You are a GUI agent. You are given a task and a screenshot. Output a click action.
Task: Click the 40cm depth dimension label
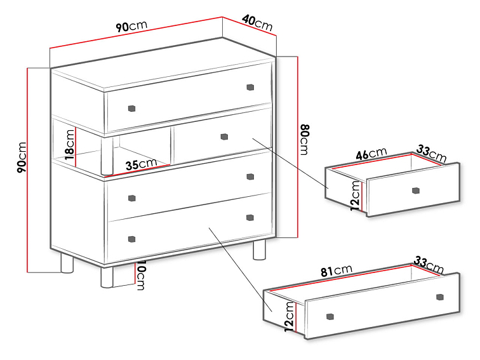[x=257, y=22]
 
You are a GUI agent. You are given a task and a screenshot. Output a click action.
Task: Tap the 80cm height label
[x=305, y=140]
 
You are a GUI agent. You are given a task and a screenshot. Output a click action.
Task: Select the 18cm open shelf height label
[x=70, y=144]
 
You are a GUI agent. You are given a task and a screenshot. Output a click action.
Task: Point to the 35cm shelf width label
[x=141, y=164]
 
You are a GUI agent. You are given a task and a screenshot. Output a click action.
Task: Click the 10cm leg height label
[x=141, y=275]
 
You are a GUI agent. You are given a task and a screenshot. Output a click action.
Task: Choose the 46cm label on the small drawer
[x=371, y=154]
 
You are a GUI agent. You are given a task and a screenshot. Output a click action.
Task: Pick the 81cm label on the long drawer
[x=336, y=270]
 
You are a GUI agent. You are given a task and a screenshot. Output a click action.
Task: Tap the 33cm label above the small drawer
[x=431, y=154]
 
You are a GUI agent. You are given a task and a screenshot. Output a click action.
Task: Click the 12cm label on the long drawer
[x=290, y=317]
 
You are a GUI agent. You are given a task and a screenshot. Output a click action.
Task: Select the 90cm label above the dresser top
[x=131, y=26]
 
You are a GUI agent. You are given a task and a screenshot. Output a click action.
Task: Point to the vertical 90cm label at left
[x=22, y=157]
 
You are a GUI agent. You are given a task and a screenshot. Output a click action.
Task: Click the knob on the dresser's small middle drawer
[x=224, y=137]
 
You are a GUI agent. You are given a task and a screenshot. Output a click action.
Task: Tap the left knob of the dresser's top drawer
[x=131, y=109]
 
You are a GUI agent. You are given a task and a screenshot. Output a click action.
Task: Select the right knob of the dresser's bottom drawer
[x=250, y=218]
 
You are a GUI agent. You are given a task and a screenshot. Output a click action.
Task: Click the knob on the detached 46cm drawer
[x=415, y=190]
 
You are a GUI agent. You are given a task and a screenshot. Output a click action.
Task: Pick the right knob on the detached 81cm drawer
[x=439, y=297]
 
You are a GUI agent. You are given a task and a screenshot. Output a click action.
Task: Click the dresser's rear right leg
[x=259, y=250]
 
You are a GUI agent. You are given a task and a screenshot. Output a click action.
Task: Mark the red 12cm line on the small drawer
[x=362, y=197]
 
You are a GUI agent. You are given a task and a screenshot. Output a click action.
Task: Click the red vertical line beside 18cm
[x=76, y=147]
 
